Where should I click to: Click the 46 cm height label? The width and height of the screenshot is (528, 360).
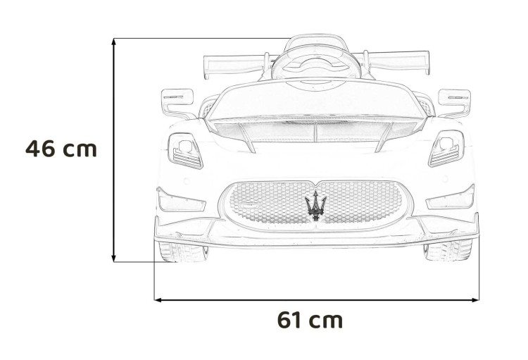coord(61,149)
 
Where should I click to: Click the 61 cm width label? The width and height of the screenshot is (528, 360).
coord(310,320)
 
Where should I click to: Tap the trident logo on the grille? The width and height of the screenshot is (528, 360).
coord(315,205)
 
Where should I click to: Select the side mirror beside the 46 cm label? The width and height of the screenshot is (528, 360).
coord(177,101)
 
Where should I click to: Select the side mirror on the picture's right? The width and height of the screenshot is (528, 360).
coord(453,100)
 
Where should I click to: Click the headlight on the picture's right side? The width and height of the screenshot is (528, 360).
coord(446,149)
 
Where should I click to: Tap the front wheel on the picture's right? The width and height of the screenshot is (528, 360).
coord(448,250)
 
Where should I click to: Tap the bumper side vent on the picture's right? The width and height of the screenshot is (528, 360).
coord(451,199)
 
